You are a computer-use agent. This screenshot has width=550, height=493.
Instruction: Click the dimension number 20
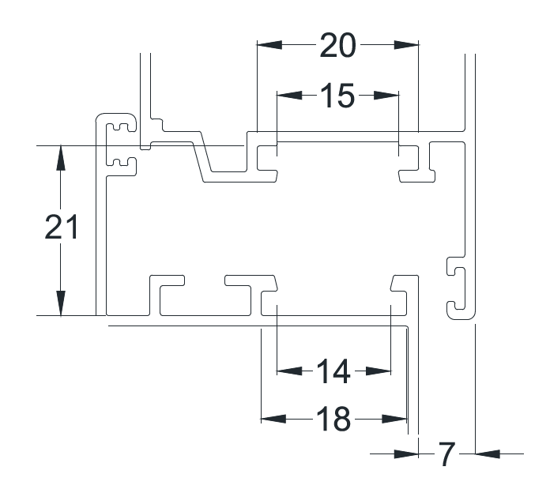click(337, 45)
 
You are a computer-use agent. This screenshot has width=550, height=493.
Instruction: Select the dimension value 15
click(337, 96)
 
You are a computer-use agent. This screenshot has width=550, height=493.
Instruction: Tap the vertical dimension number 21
click(62, 228)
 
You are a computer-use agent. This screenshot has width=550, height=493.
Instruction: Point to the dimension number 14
click(333, 371)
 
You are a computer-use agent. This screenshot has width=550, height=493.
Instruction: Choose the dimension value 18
click(333, 419)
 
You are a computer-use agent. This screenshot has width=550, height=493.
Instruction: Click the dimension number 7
click(447, 454)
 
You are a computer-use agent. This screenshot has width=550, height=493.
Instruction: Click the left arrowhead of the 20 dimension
click(269, 45)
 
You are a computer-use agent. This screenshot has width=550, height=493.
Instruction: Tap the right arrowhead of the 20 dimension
click(406, 45)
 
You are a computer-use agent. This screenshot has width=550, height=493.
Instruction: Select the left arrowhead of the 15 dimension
click(289, 95)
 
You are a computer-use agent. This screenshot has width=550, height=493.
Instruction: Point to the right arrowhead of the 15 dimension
click(386, 95)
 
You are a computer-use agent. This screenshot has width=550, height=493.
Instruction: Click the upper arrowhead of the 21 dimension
click(61, 158)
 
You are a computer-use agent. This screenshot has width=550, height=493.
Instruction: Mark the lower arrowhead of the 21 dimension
click(61, 303)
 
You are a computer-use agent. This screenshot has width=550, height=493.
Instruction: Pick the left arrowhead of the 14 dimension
click(289, 371)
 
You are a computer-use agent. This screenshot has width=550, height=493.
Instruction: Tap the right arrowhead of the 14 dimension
click(379, 371)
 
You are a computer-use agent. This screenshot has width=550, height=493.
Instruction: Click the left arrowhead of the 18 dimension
click(273, 419)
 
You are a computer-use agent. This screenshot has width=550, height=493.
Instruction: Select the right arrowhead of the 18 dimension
click(394, 419)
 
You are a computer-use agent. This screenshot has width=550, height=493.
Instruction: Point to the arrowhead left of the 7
click(406, 454)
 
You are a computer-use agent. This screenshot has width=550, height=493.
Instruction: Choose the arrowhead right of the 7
click(488, 454)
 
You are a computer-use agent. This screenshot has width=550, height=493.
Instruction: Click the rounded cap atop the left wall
click(115, 114)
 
